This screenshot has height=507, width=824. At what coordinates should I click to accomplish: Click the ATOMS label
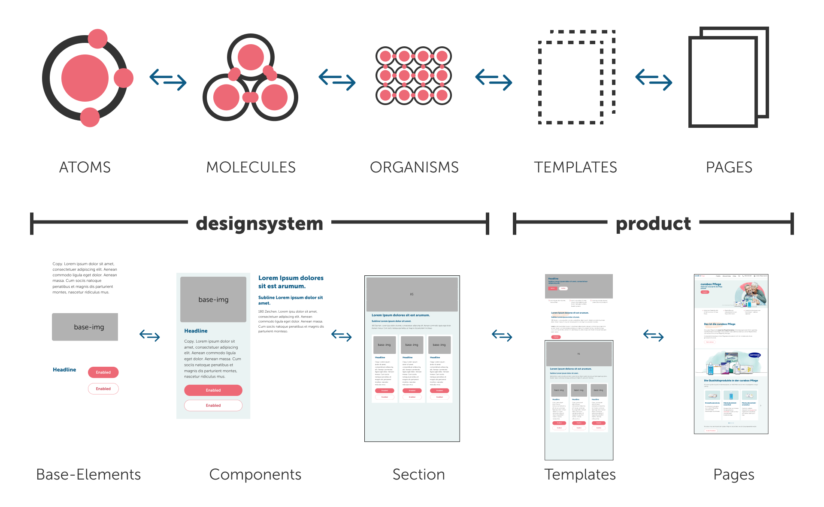pyautogui.click(x=85, y=167)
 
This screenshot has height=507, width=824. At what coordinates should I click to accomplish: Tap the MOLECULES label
pyautogui.click(x=251, y=167)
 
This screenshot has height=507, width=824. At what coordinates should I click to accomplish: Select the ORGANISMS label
pyautogui.click(x=414, y=167)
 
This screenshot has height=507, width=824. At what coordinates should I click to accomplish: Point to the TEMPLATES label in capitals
pyautogui.click(x=576, y=167)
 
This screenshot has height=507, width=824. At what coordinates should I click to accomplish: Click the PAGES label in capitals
pyautogui.click(x=729, y=167)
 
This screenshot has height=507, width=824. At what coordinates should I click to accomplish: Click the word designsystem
pyautogui.click(x=259, y=223)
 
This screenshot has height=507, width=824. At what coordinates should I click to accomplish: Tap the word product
pyautogui.click(x=653, y=223)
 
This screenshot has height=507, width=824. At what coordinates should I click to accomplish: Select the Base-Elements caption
pyautogui.click(x=88, y=474)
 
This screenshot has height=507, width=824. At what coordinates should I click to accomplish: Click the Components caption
pyautogui.click(x=255, y=474)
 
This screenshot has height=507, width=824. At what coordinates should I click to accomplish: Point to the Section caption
pyautogui.click(x=418, y=474)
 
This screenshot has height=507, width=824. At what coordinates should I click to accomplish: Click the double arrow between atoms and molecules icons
pyautogui.click(x=168, y=80)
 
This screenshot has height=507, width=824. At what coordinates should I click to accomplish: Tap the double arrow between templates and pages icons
pyautogui.click(x=654, y=80)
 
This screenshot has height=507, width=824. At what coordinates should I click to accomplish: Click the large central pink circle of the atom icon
pyautogui.click(x=85, y=78)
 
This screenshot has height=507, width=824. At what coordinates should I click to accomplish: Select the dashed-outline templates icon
pyautogui.click(x=576, y=77)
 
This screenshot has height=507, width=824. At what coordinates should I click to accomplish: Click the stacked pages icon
pyautogui.click(x=728, y=77)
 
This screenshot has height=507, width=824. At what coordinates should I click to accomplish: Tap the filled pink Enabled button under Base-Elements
pyautogui.click(x=103, y=372)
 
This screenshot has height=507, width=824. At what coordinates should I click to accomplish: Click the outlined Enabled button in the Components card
pyautogui.click(x=213, y=405)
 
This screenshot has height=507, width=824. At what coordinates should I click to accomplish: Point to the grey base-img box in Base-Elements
pyautogui.click(x=85, y=327)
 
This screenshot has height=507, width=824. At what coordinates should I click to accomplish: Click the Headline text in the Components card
pyautogui.click(x=196, y=331)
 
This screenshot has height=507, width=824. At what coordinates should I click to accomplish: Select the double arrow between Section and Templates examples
pyautogui.click(x=502, y=335)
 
